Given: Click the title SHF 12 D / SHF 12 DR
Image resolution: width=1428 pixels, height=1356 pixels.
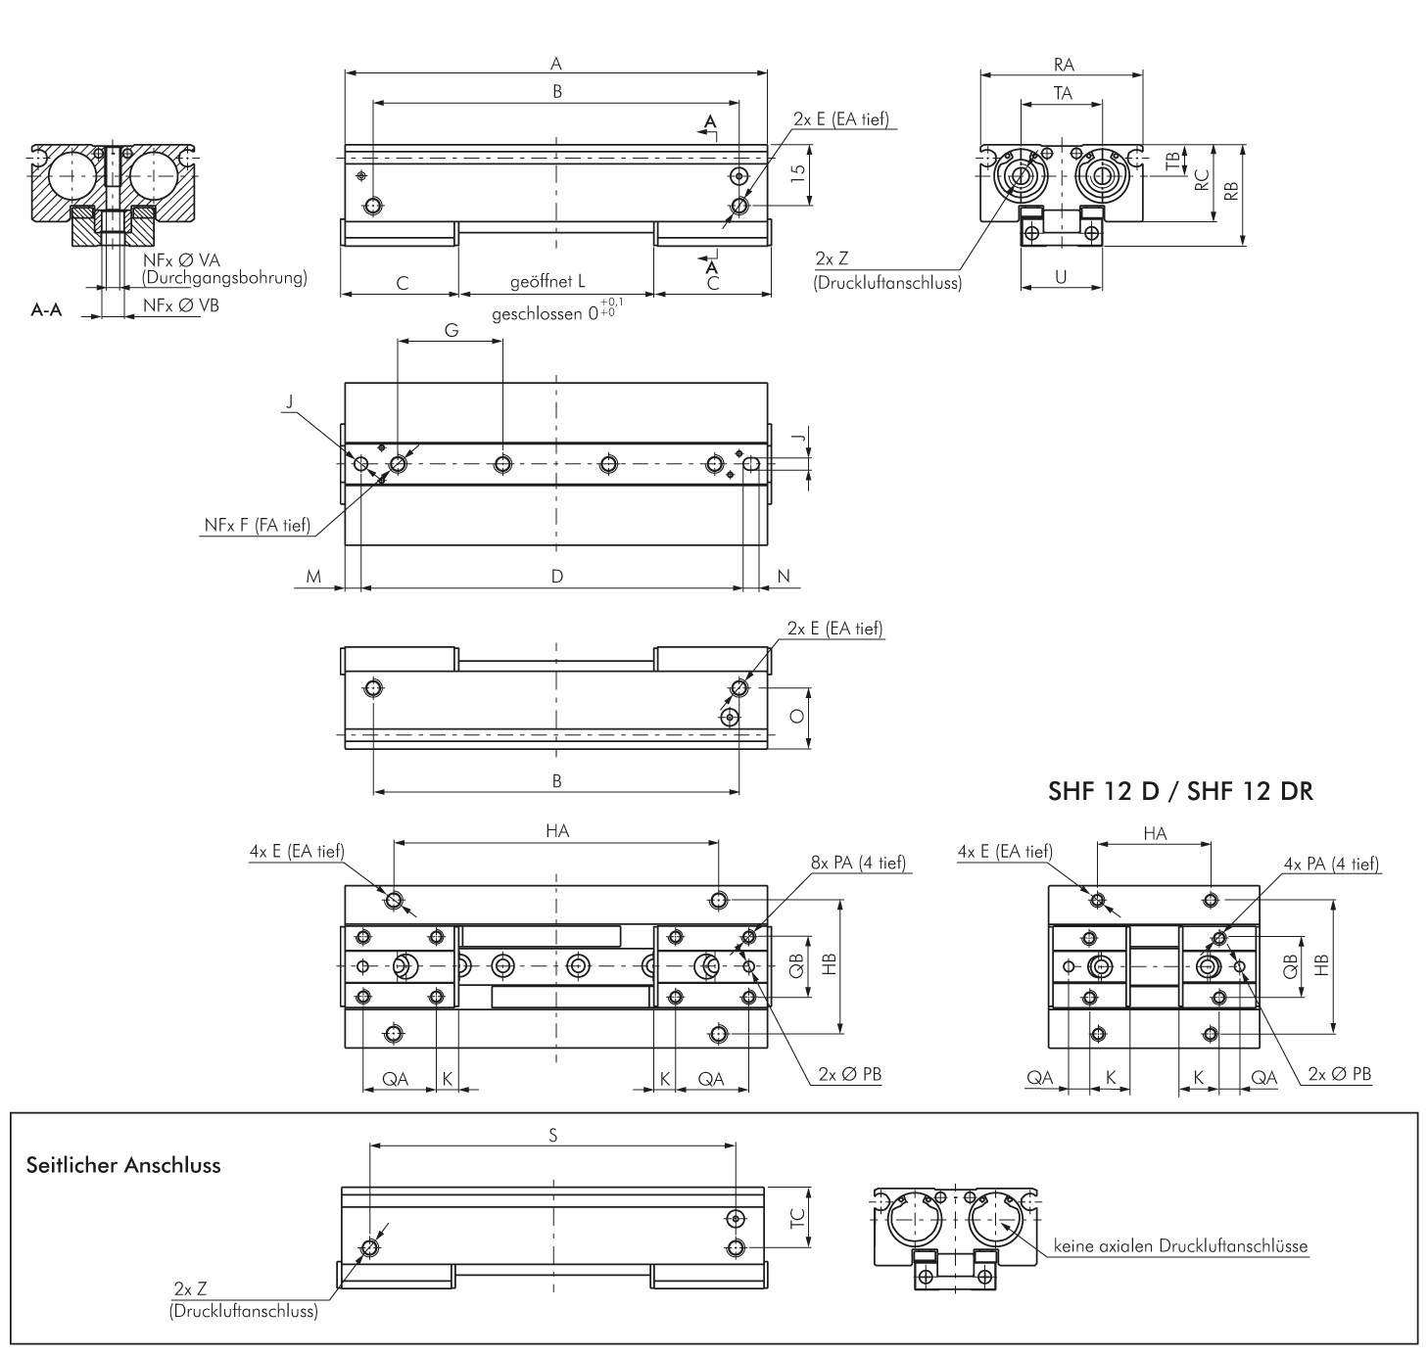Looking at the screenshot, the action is point(1180,791).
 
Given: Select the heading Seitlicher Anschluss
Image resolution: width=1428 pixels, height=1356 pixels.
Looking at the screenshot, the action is point(123,1165).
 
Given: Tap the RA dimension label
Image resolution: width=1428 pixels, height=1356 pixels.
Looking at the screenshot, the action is point(1064,65).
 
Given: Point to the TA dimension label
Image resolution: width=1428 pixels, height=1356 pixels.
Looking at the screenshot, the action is point(1063,93).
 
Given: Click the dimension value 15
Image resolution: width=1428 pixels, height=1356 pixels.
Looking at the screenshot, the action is point(797,173).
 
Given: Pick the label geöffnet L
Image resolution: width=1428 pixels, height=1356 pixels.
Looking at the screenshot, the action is point(547,281).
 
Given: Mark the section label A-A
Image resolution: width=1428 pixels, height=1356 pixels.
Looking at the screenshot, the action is point(46,310).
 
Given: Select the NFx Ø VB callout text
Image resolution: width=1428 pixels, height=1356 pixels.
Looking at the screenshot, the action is point(181,305).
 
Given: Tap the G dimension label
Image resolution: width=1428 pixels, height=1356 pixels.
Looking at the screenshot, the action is point(452,331).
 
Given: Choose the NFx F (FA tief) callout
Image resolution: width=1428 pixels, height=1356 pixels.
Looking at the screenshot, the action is point(258,525).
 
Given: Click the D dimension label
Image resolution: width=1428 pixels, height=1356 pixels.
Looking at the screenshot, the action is point(557,576).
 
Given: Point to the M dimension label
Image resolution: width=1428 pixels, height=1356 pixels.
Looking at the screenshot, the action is point(313,577).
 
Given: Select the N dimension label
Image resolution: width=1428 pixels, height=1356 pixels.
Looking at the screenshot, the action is point(783,577).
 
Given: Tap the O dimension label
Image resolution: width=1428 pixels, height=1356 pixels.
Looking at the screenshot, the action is point(797,716).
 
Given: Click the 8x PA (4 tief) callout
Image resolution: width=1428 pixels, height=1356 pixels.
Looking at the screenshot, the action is point(859,863).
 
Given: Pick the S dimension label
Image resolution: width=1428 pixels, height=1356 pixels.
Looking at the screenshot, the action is point(552,1135).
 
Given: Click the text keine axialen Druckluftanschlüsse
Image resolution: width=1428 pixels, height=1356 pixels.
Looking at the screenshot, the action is point(1180,1246).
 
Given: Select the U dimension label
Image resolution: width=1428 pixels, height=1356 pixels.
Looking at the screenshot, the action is point(1061,277).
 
